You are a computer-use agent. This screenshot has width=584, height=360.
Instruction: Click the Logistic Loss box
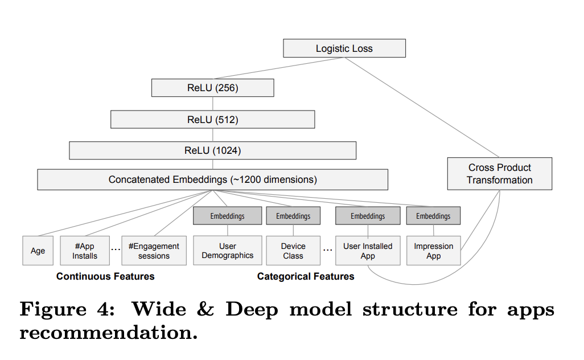[344, 48]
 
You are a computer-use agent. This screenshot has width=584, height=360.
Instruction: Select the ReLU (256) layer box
[213, 88]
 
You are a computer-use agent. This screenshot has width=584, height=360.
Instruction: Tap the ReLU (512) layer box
[213, 119]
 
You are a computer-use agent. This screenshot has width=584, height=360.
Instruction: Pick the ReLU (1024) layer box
[213, 150]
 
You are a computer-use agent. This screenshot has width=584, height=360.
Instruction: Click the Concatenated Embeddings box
[213, 179]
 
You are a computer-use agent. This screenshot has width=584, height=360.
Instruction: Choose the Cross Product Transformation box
[499, 174]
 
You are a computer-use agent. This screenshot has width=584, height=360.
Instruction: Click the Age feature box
[38, 251]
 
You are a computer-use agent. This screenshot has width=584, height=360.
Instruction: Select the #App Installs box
[85, 251]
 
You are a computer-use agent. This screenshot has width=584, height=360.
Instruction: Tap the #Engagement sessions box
[154, 251]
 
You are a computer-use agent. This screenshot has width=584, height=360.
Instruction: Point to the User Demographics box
[228, 251]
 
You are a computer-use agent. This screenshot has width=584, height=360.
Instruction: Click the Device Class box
[293, 251]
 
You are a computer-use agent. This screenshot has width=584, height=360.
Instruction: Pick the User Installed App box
[368, 251]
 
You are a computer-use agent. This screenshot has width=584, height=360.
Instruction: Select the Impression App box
[434, 251]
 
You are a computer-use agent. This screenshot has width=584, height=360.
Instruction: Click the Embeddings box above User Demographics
[228, 216]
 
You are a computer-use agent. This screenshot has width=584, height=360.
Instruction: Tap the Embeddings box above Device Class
[293, 216]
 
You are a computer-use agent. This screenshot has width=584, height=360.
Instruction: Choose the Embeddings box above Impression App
[434, 216]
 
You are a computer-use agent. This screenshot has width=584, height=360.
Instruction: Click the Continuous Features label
[105, 276]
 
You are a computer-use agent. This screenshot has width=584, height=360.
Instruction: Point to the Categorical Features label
[306, 276]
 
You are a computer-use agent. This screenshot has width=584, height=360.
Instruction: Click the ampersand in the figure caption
[205, 309]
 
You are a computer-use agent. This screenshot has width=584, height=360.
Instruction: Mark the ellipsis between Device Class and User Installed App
[328, 250]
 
